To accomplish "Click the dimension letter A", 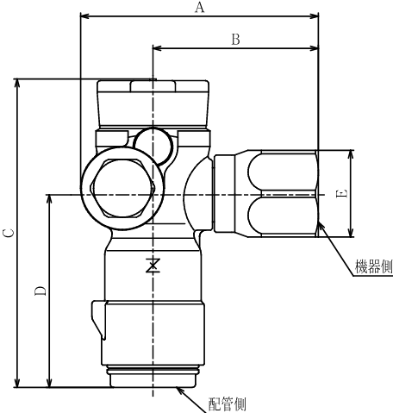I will pyautogui.click(x=200, y=8).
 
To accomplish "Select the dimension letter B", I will pyautogui.click(x=234, y=39).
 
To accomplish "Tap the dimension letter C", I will pyautogui.click(x=8, y=232).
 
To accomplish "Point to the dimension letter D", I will pyautogui.click(x=40, y=291).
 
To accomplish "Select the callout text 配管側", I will pyautogui.click(x=228, y=404).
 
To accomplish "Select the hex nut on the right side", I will pyautogui.click(x=265, y=194).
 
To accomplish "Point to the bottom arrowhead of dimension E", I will pyautogui.click(x=351, y=233).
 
